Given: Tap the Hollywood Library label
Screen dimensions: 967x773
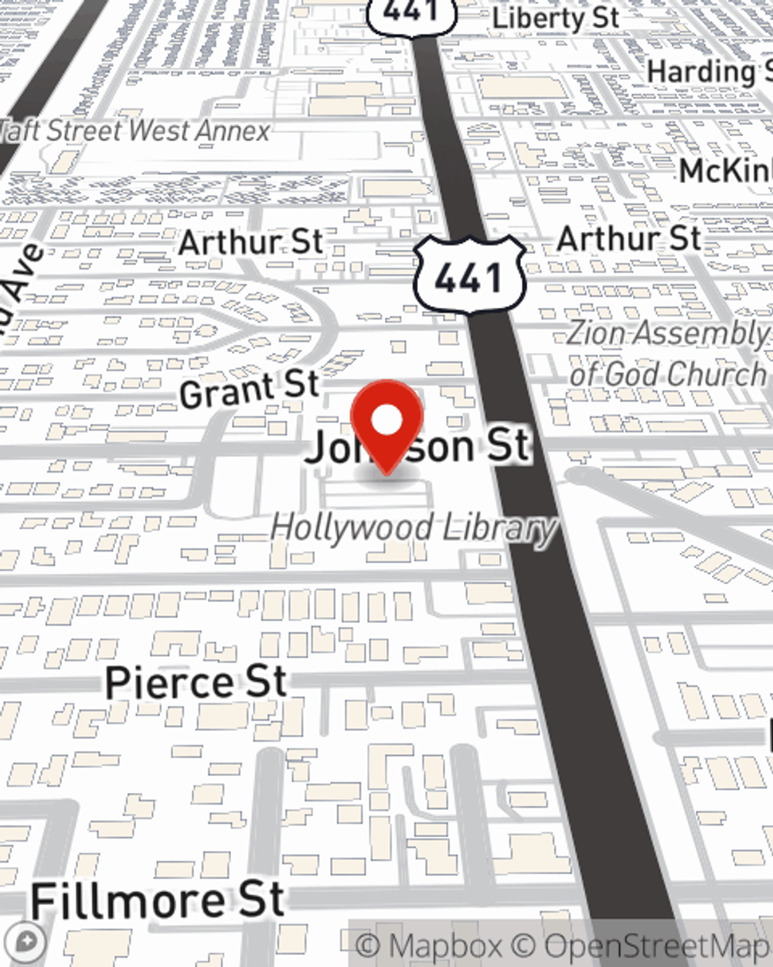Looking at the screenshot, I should tap(414, 528).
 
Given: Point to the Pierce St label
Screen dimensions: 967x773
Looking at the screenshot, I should tap(196, 683).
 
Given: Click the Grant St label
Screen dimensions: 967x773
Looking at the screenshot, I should tap(249, 389).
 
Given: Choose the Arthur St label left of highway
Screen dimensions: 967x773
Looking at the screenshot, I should tap(250, 243).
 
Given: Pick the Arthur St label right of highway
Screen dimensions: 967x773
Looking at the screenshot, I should tap(628, 239).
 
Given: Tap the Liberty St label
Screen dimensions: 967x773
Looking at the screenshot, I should tap(556, 19).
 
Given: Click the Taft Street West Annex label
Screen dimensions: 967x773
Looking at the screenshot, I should tap(135, 131).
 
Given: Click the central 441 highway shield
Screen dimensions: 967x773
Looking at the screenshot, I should tap(469, 276).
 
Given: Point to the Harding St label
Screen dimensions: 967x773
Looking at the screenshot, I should tap(707, 72).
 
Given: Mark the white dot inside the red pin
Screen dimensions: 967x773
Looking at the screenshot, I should tap(387, 421).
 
